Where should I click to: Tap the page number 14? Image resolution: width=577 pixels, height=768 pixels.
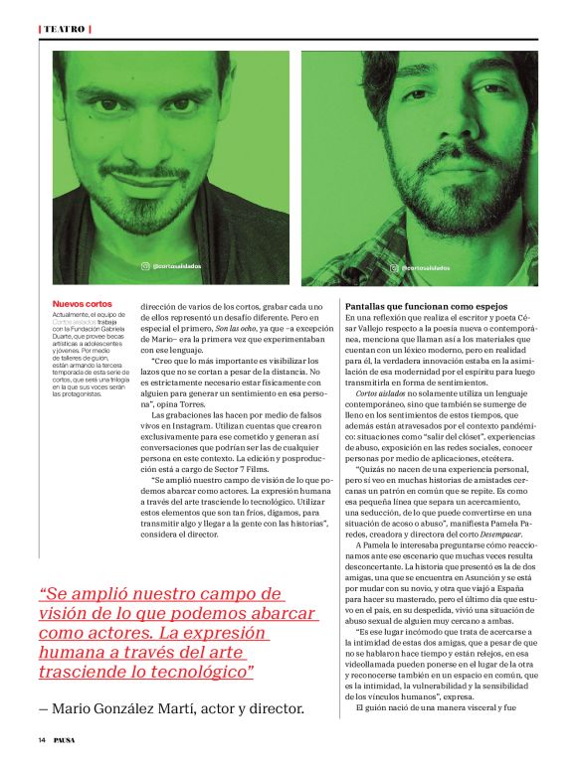tap(43, 739)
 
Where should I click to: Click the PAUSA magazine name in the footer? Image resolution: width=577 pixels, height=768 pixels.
tap(65, 739)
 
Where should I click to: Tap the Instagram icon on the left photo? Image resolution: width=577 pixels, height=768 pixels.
tap(145, 266)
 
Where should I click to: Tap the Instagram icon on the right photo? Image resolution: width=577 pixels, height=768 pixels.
tap(395, 266)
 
